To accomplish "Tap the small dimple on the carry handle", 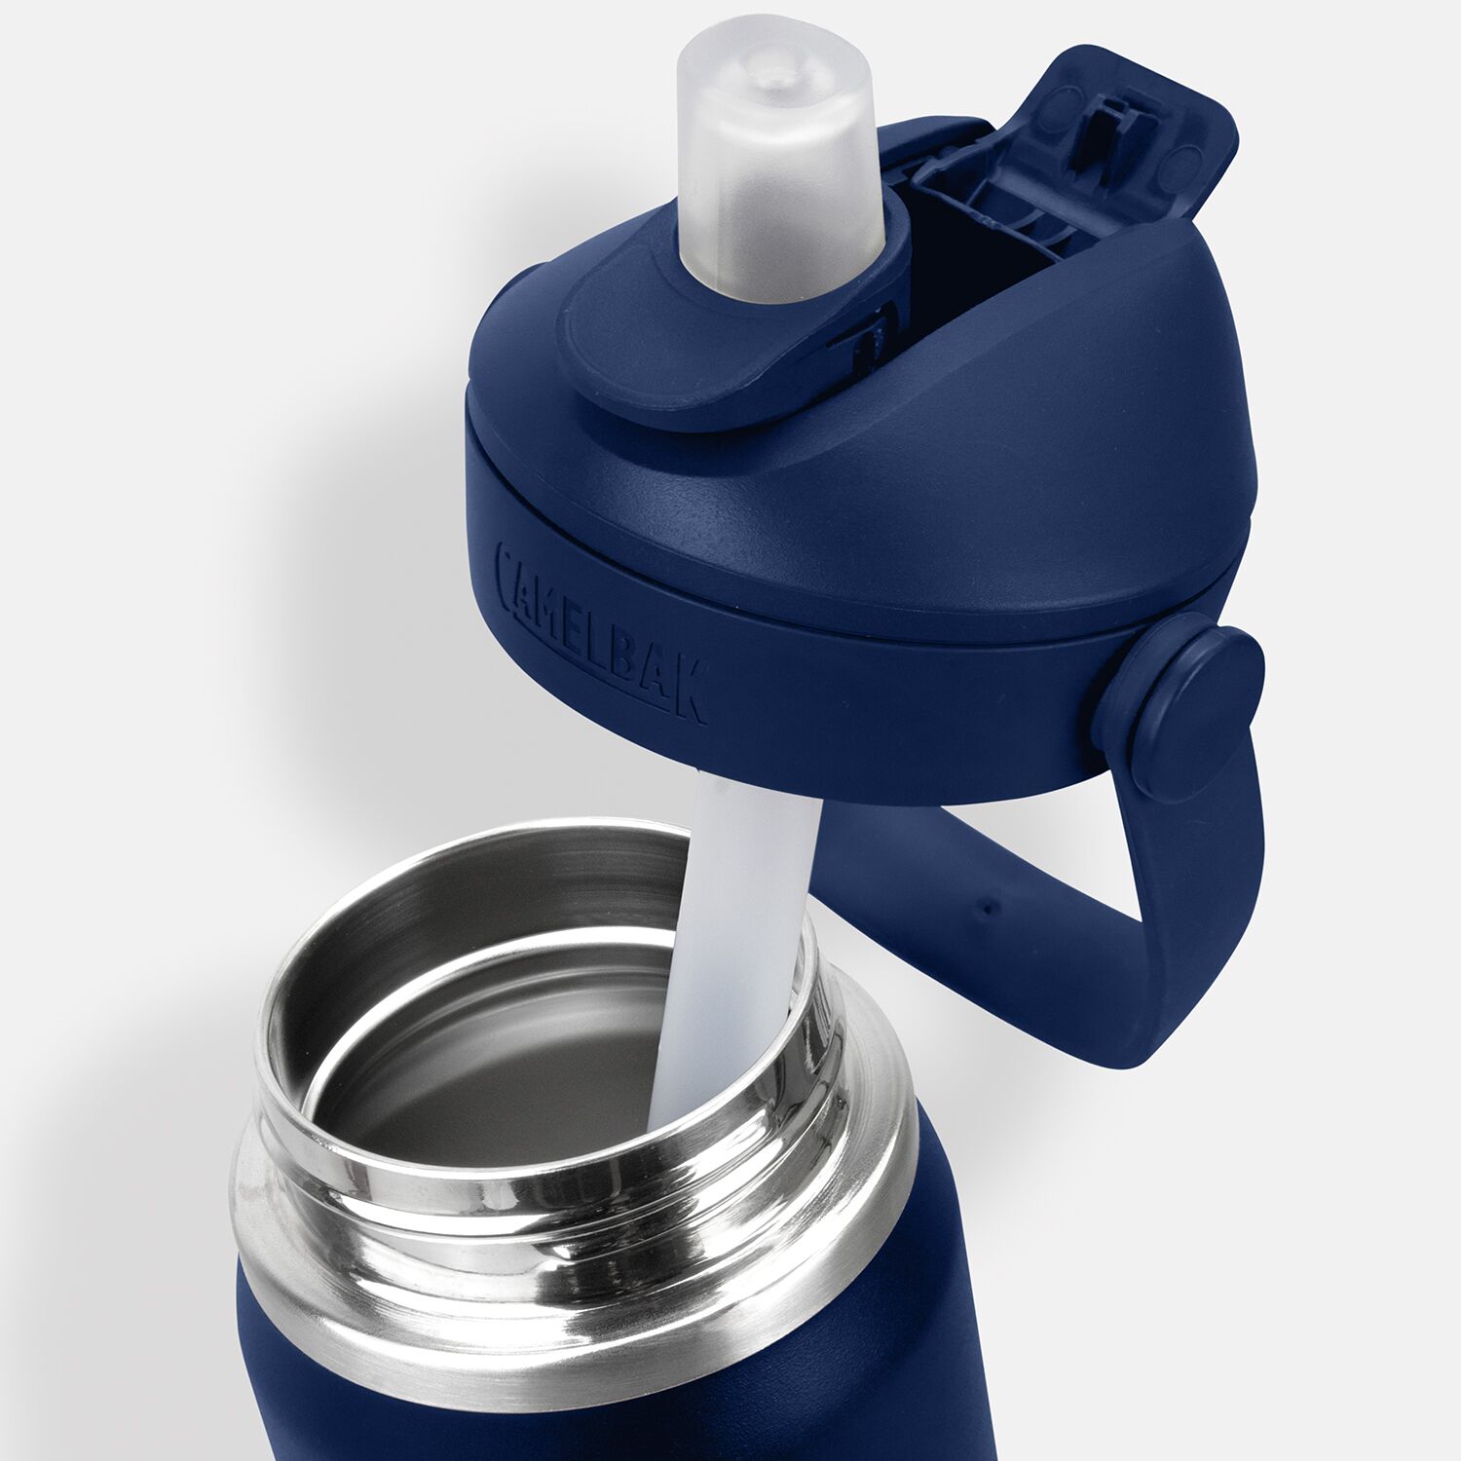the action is tap(989, 909).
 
